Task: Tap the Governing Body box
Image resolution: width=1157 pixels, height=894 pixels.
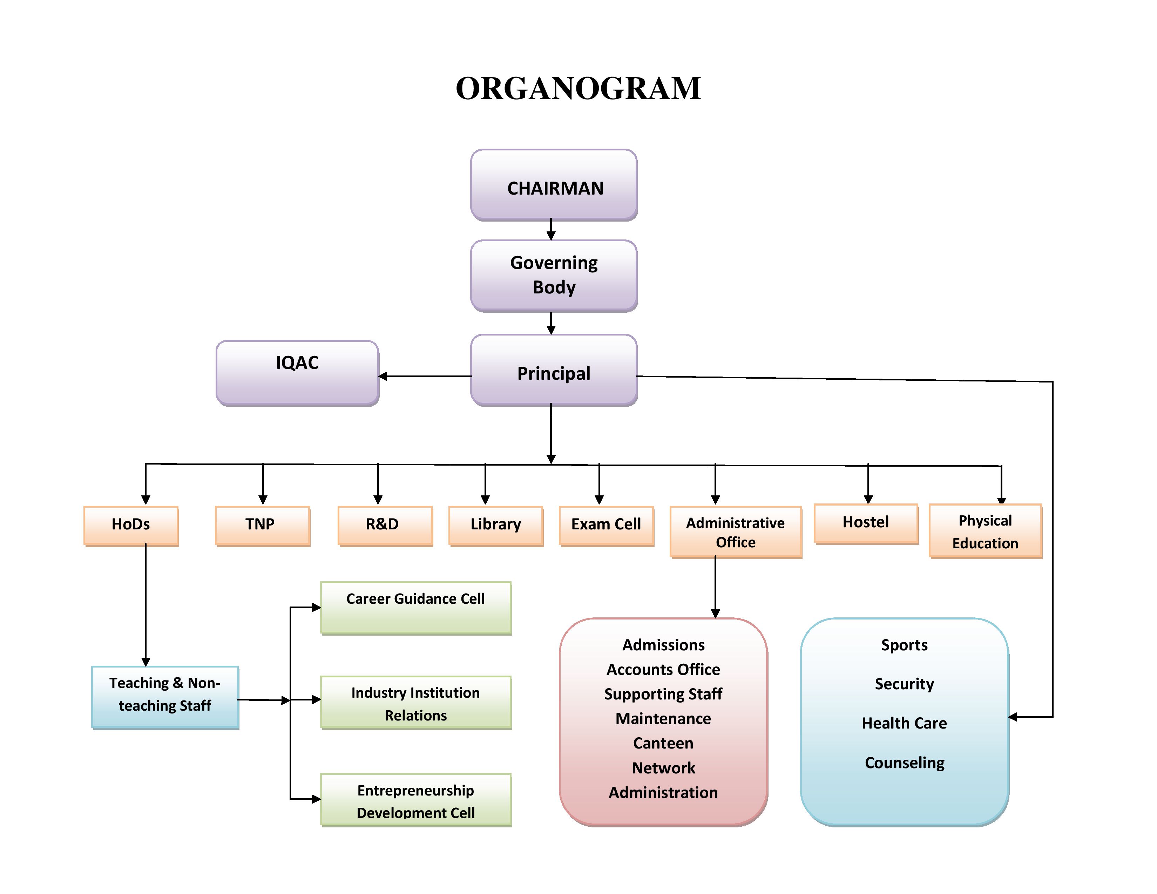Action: point(554,276)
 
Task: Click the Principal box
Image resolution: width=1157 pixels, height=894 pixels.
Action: point(554,371)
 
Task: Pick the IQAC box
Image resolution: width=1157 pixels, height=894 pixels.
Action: point(297,373)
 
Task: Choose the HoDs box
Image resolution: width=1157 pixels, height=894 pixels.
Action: point(131,526)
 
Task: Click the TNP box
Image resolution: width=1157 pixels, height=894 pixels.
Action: point(262,526)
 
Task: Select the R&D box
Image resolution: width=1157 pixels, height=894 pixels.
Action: point(385,526)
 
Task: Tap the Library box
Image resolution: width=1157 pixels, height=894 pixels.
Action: point(496,526)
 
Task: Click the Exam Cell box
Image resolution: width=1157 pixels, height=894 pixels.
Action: point(606,526)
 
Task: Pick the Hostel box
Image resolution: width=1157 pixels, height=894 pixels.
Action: point(866,523)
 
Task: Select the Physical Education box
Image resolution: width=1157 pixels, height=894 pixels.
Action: point(985,531)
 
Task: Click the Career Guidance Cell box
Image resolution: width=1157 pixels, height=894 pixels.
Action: point(416,608)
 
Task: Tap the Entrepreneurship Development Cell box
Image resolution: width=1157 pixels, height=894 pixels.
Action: point(416,800)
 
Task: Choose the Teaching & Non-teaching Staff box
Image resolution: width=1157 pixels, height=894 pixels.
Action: point(165,697)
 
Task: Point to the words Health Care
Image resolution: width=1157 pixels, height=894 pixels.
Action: point(904,723)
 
